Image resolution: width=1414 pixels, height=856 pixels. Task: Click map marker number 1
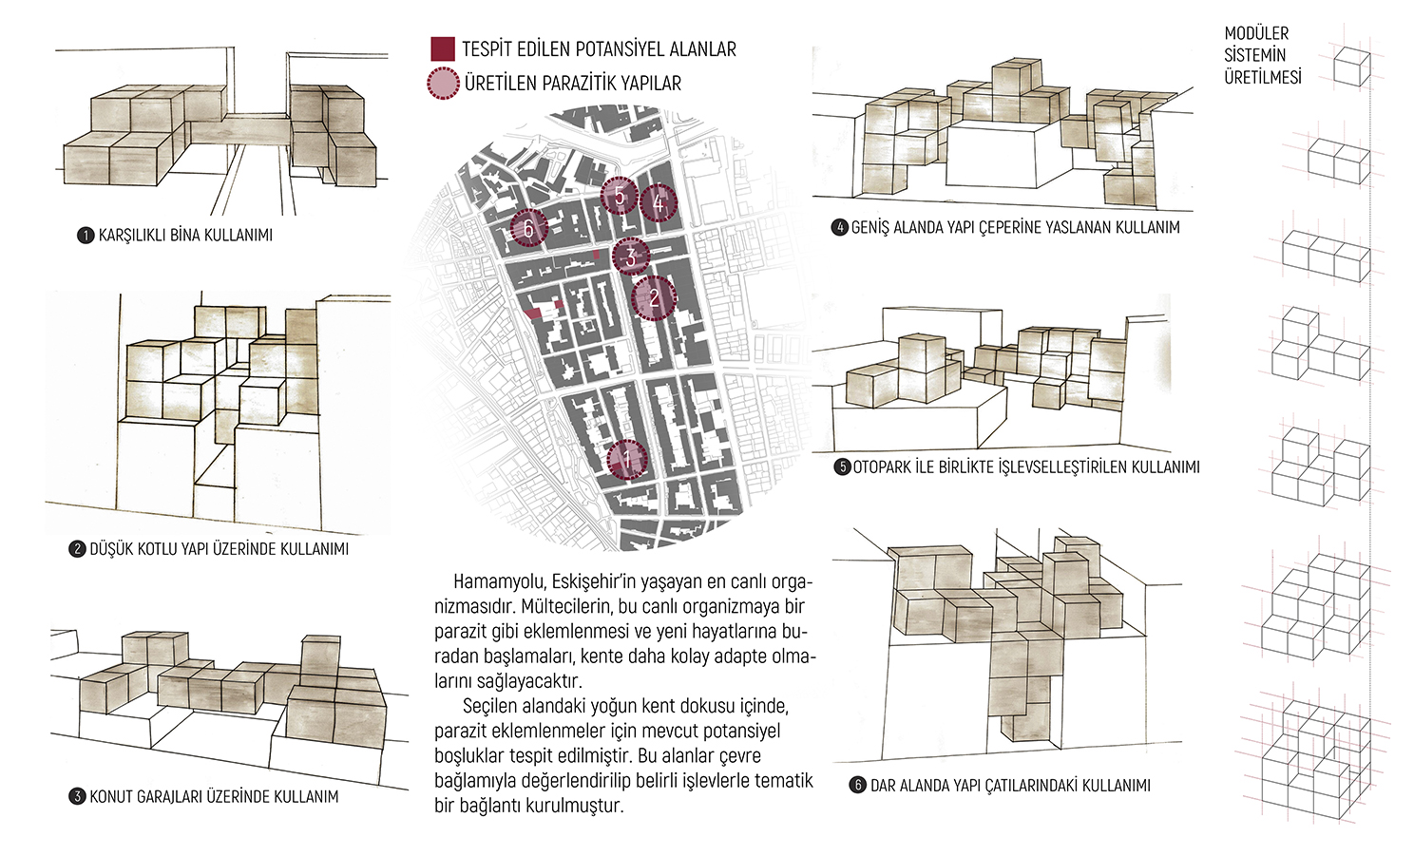[627, 460]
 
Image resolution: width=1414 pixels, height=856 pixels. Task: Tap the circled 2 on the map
[654, 298]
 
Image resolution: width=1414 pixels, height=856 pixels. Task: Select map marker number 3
[631, 257]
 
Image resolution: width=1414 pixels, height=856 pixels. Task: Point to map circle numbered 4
[659, 203]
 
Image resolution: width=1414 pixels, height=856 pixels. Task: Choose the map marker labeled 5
[620, 196]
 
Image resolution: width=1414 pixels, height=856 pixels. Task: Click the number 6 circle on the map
[528, 228]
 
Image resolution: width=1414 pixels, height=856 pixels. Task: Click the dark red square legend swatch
[443, 48]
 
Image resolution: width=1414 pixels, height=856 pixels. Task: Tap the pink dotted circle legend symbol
[443, 84]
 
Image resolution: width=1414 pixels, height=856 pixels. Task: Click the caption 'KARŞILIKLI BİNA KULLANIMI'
[185, 236]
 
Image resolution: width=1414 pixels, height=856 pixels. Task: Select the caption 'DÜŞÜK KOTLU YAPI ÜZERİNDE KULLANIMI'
[220, 548]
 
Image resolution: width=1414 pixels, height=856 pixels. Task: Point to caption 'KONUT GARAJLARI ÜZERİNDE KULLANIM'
[214, 797]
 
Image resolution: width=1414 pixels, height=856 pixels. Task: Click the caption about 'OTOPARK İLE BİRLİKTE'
[1025, 467]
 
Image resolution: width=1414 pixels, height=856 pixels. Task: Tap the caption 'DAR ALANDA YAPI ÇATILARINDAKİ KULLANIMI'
[1010, 786]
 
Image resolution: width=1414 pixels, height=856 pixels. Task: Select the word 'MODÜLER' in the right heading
[1256, 33]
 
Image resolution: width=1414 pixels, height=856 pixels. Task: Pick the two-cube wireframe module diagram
[1338, 162]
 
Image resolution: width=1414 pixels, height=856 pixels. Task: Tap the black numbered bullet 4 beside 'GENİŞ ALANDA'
[840, 227]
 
